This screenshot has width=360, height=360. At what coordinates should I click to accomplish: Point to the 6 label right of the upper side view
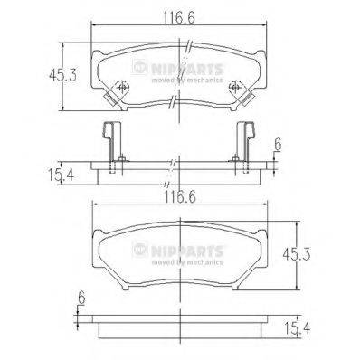pyautogui.click(x=279, y=143)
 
